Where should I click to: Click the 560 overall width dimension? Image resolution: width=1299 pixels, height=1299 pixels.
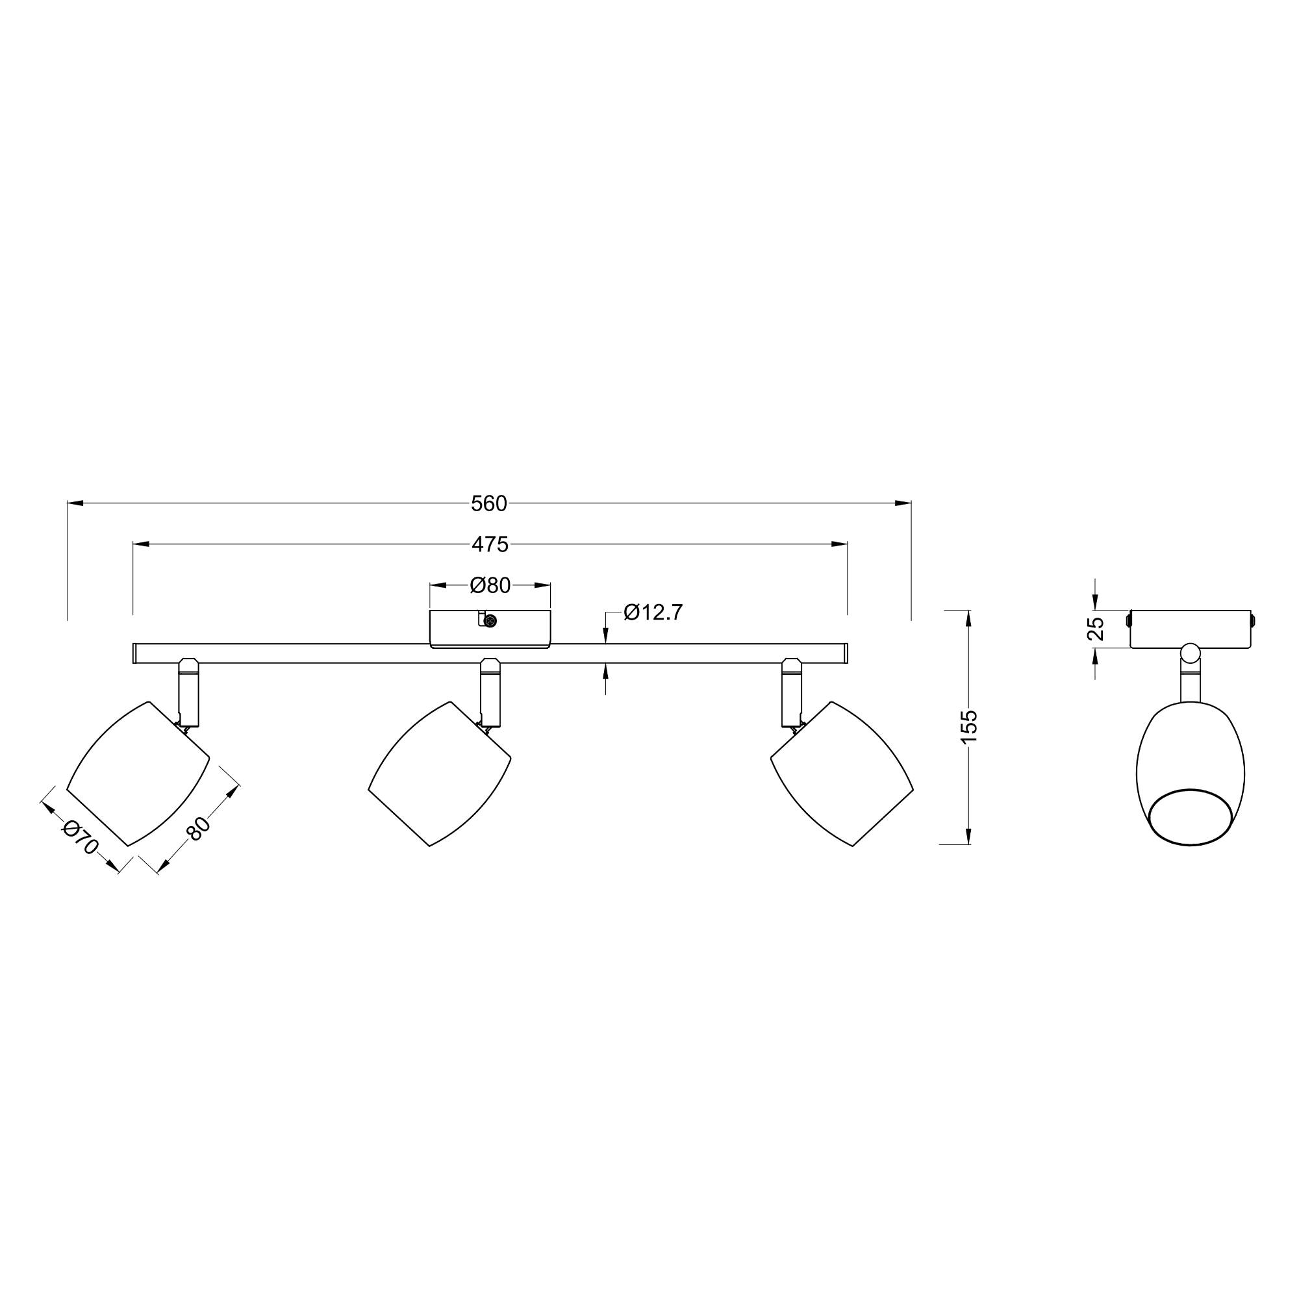[489, 503]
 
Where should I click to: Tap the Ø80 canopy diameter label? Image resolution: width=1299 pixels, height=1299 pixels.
[490, 586]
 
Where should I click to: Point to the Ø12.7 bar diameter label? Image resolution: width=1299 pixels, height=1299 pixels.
[653, 612]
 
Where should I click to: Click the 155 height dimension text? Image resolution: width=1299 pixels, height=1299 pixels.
[968, 727]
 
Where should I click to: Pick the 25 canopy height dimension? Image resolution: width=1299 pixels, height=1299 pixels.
[1096, 628]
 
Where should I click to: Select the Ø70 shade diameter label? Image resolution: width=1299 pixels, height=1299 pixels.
[80, 837]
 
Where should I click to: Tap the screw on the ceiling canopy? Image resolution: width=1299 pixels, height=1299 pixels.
[490, 622]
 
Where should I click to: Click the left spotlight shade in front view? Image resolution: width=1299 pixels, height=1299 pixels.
[138, 773]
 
